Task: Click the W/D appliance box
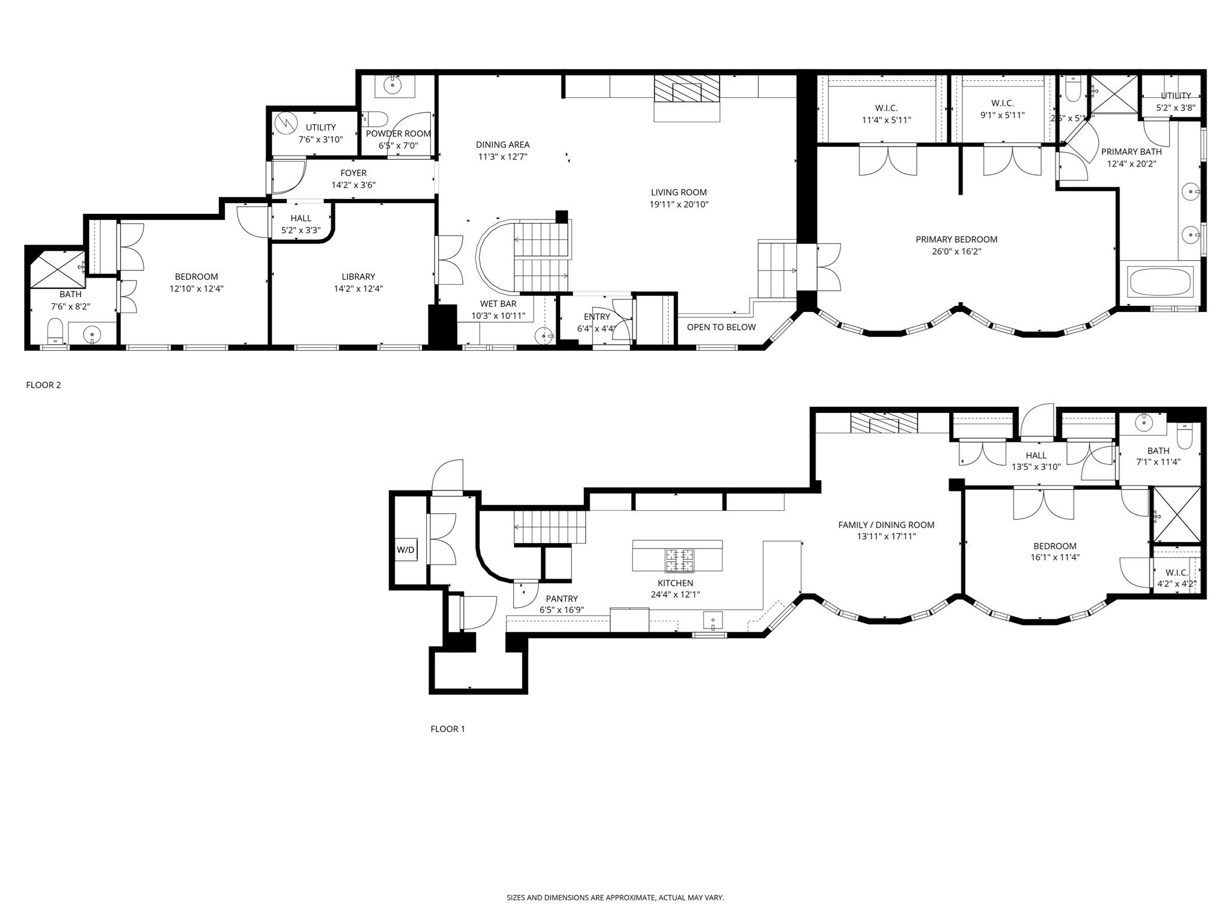pyautogui.click(x=406, y=549)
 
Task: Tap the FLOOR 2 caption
pyautogui.click(x=43, y=385)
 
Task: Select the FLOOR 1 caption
pyautogui.click(x=448, y=729)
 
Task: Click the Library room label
pyautogui.click(x=358, y=276)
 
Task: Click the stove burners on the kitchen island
pyautogui.click(x=679, y=560)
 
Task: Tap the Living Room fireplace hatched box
pyautogui.click(x=686, y=90)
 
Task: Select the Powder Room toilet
pyautogui.click(x=377, y=118)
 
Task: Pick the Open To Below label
pyautogui.click(x=721, y=327)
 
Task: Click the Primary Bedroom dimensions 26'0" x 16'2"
pyautogui.click(x=956, y=251)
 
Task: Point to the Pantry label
pyautogui.click(x=561, y=599)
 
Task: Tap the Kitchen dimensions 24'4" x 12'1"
pyautogui.click(x=676, y=594)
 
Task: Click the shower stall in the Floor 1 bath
pyautogui.click(x=1176, y=514)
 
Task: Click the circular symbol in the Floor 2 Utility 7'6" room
pyautogui.click(x=286, y=123)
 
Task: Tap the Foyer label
pyautogui.click(x=353, y=173)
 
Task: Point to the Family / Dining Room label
pyautogui.click(x=886, y=525)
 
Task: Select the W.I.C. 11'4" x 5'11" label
pyautogui.click(x=886, y=114)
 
